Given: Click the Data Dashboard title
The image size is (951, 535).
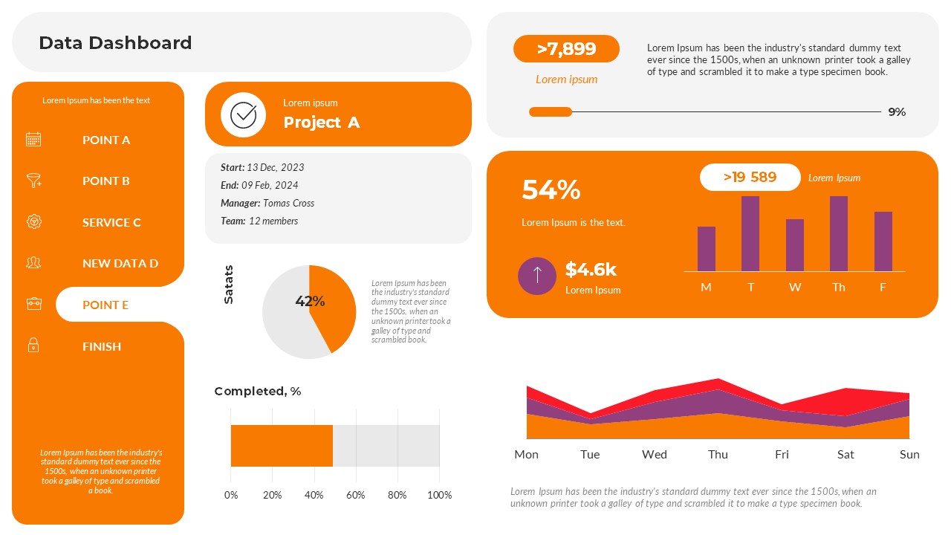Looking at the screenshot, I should [115, 43].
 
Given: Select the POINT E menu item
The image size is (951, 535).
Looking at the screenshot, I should [106, 305].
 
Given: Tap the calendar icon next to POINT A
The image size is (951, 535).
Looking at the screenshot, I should [33, 139].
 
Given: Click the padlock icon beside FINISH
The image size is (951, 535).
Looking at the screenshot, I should [33, 346].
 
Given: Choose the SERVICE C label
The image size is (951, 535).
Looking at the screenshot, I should [111, 222].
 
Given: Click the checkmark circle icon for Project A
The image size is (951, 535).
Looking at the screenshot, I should [243, 115].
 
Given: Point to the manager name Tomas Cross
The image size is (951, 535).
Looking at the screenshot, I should [288, 203].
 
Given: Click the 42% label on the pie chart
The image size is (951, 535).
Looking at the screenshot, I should [310, 301].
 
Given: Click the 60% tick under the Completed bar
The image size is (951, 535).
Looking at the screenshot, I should [356, 495].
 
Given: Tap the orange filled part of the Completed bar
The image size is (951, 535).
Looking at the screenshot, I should [282, 445].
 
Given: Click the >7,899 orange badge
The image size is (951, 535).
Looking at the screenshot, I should [566, 49].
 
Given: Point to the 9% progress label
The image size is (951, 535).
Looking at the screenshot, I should [897, 112].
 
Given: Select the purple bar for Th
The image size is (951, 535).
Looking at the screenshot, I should [839, 234].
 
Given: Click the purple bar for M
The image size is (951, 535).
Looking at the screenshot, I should [707, 249].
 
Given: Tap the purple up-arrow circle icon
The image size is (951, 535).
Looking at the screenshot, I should [537, 276].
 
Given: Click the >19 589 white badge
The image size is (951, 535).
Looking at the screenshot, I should [750, 177].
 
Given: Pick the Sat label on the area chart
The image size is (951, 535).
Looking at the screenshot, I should [845, 454].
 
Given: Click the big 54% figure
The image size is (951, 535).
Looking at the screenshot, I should [551, 190].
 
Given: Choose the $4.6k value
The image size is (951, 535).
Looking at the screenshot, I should [591, 269].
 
